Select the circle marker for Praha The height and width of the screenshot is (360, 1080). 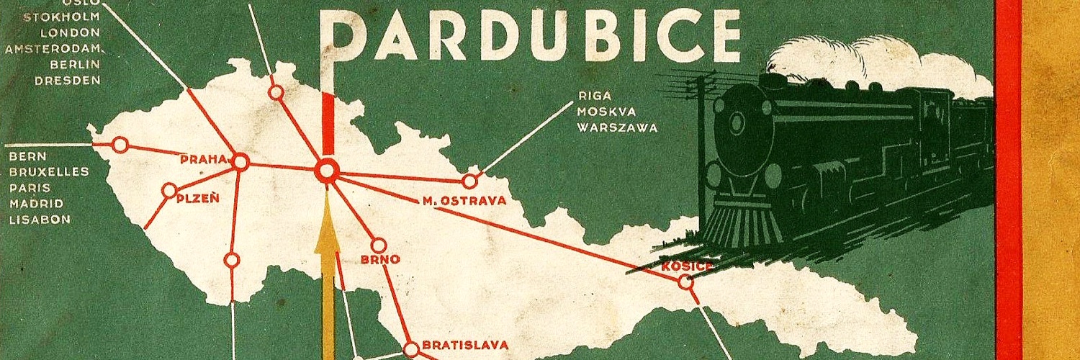point(240,163)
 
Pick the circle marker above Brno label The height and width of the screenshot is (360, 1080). point(379,245)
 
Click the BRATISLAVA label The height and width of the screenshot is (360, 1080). point(464,345)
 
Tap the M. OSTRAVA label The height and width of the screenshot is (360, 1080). point(464,201)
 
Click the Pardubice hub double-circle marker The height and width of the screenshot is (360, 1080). point(328,171)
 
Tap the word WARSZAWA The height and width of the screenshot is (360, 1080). point(617,128)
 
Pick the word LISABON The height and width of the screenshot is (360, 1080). point(40,220)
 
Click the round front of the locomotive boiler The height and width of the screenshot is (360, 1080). point(738,122)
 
